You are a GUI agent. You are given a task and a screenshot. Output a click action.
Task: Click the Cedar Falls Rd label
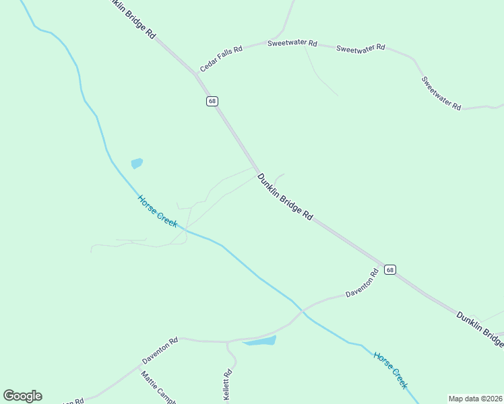[x=221, y=60]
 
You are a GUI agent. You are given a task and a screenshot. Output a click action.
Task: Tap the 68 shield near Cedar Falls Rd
[x=212, y=101]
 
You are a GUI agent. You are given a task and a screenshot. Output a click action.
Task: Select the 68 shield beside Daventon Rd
[x=390, y=269]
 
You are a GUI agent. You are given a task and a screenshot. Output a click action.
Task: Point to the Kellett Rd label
[x=228, y=386]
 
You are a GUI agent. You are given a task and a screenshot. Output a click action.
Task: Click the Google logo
[x=22, y=396]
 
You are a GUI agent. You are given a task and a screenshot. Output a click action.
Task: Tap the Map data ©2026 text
[x=476, y=399]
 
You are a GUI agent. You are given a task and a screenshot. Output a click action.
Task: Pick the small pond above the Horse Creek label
[x=137, y=163]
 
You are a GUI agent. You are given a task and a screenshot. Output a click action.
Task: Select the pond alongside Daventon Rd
[x=260, y=341]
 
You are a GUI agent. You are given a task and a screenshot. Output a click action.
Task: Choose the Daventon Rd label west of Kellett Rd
[x=160, y=350]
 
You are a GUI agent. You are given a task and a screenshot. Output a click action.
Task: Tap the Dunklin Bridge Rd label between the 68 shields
[x=285, y=197]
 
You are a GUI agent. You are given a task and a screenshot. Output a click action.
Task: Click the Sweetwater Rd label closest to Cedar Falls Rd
[x=292, y=43]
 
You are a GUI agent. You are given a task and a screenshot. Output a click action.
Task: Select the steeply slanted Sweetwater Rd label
[x=441, y=93]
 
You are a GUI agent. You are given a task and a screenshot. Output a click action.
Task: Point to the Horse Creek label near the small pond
[x=158, y=211]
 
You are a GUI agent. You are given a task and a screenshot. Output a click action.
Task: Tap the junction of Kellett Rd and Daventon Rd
[x=228, y=342]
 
